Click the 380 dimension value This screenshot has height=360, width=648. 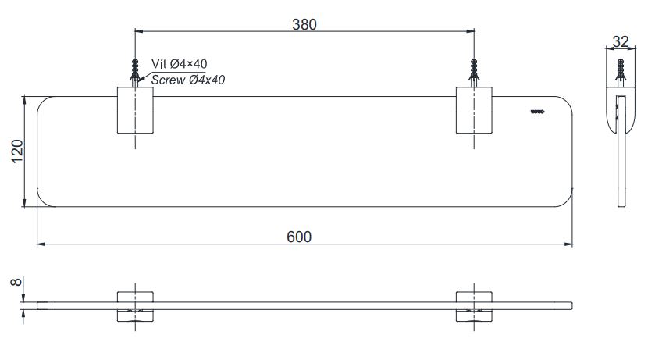(304, 24)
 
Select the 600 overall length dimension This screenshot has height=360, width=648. (304, 237)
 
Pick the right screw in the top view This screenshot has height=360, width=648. (474, 72)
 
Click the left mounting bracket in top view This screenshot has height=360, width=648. (136, 111)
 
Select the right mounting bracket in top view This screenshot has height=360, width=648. (474, 111)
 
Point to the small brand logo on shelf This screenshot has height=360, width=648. (537, 112)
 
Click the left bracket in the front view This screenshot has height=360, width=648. (136, 305)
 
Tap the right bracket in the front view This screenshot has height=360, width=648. (474, 305)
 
